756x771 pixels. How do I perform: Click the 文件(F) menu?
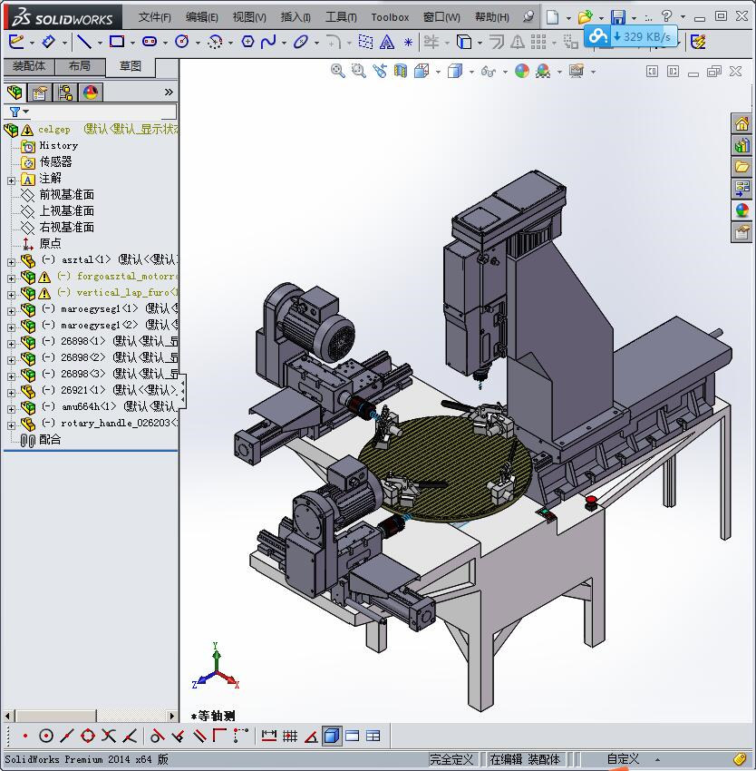(155, 16)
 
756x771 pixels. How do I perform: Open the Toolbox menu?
(390, 16)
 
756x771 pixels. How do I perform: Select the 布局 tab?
(80, 66)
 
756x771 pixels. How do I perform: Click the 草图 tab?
(131, 66)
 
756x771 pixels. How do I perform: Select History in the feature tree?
(58, 145)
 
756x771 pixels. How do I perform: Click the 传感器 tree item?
(55, 161)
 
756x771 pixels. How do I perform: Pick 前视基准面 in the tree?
(66, 194)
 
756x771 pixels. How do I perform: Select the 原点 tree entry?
(50, 243)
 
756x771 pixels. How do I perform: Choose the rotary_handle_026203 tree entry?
(113, 423)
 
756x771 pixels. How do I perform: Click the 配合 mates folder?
(50, 439)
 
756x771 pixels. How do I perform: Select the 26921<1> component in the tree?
(82, 390)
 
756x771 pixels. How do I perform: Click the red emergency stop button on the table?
(591, 499)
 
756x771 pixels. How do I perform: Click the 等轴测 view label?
(216, 716)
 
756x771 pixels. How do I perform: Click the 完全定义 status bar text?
(451, 759)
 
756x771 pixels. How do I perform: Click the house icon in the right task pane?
(741, 124)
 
